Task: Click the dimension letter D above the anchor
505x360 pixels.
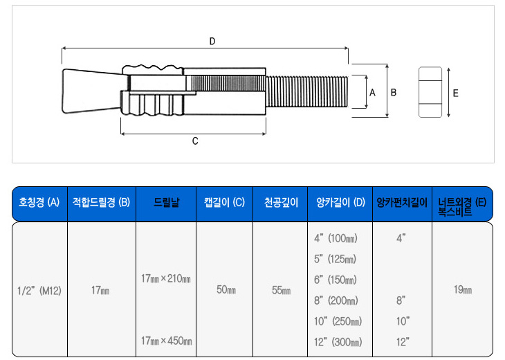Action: click(x=212, y=42)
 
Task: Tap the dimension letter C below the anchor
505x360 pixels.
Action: click(x=195, y=141)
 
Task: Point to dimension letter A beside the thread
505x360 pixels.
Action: click(x=372, y=92)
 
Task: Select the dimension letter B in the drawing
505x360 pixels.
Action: click(x=393, y=92)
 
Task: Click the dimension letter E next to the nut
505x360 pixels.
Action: click(x=454, y=92)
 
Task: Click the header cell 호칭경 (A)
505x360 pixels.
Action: click(x=39, y=204)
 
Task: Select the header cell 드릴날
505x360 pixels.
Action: click(x=167, y=204)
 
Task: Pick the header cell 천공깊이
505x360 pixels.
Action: click(x=280, y=204)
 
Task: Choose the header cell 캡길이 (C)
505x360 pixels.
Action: click(x=224, y=204)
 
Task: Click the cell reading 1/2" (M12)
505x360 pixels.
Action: click(x=39, y=291)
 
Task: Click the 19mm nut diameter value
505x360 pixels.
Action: click(x=462, y=290)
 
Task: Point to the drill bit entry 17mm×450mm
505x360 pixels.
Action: click(x=166, y=341)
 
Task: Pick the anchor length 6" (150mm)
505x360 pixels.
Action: click(x=336, y=280)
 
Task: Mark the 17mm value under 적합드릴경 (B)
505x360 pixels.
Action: click(x=100, y=291)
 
